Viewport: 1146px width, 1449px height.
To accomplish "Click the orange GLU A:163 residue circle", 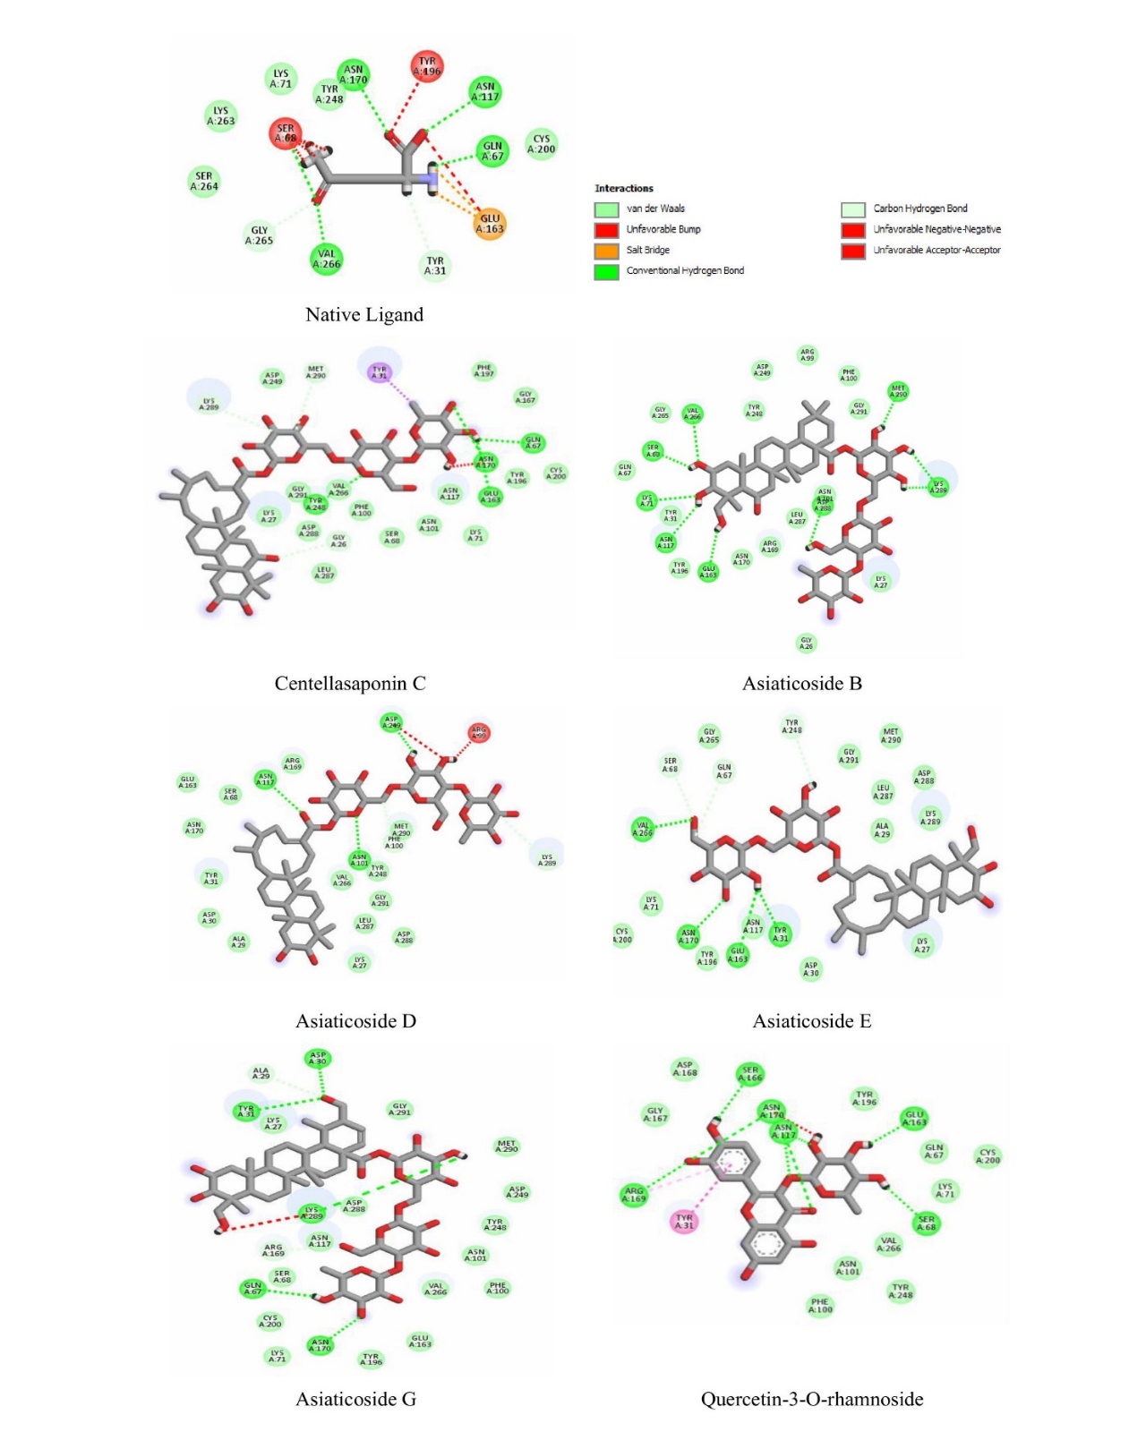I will tap(490, 224).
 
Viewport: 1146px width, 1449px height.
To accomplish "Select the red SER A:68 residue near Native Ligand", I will tap(286, 133).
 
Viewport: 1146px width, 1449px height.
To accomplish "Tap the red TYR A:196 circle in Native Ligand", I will tap(427, 66).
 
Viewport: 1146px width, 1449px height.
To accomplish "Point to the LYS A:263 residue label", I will tap(220, 116).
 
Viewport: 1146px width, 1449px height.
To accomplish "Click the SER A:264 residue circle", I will tap(204, 181).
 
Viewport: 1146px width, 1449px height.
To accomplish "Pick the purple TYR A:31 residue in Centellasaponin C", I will tap(380, 371).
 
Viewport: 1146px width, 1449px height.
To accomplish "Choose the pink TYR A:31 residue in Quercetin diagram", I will tap(685, 1222).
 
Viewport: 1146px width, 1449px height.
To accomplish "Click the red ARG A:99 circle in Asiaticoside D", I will tap(479, 733).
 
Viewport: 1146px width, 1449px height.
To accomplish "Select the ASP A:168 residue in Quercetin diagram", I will tap(685, 1069).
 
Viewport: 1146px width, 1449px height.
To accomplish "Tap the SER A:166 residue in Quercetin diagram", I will tap(750, 1074).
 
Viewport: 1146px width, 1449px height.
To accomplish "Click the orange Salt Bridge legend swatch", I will tap(606, 251).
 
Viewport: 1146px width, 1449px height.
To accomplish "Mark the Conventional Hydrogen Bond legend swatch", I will tap(606, 271).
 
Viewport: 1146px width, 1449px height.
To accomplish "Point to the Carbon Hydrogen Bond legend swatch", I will tap(852, 209).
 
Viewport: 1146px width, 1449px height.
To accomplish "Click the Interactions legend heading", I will tap(624, 189).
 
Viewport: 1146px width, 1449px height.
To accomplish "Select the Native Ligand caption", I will tap(364, 315).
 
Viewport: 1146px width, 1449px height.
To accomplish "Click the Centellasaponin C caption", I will tap(350, 684).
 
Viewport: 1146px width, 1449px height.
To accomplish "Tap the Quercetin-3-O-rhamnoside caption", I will tap(812, 1400).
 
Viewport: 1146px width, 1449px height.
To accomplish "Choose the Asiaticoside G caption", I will tap(356, 1400).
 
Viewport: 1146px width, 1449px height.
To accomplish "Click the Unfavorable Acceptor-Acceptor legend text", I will tap(937, 251).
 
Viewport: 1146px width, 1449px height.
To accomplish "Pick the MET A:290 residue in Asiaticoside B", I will tap(898, 391).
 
